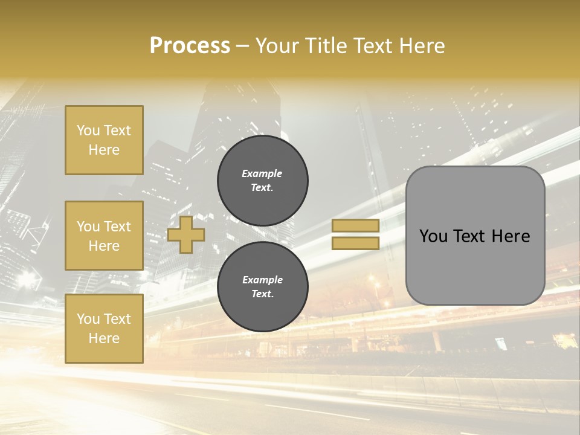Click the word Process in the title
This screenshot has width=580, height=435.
point(190,46)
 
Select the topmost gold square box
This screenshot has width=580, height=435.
point(104,140)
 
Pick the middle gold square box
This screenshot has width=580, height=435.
point(104,236)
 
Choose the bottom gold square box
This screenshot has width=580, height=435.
point(104,329)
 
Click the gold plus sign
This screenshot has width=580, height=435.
point(186,234)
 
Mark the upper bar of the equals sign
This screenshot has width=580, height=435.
point(356,225)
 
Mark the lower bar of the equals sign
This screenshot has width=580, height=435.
point(356,243)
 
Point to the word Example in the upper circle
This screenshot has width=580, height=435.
point(262,173)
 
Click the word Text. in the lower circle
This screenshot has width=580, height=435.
point(262,294)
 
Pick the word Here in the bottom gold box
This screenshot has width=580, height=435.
point(104,338)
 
